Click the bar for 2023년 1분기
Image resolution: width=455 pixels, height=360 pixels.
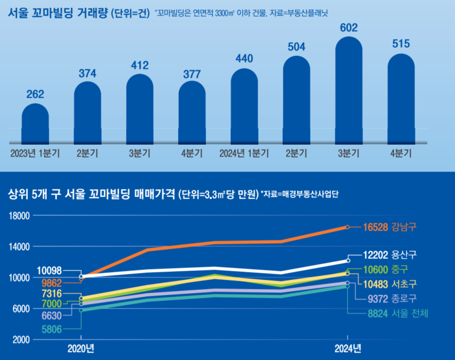click(35, 123)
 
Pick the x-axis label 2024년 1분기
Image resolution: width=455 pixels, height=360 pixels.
click(244, 153)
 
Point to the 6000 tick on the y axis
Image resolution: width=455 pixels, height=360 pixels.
click(21, 309)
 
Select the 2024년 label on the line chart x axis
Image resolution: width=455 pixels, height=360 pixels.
click(348, 349)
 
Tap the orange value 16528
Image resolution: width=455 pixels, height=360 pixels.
click(375, 227)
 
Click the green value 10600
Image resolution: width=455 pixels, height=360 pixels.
click(376, 270)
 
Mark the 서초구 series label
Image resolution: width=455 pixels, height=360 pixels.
click(404, 284)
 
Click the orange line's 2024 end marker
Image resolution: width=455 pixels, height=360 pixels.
click(348, 227)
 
